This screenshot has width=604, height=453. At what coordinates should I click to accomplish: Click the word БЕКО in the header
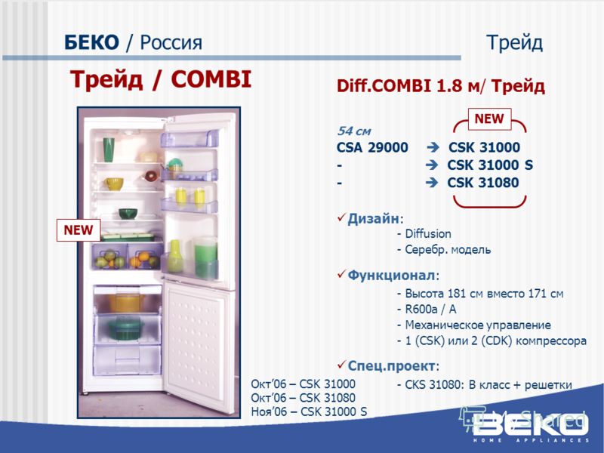click(91, 42)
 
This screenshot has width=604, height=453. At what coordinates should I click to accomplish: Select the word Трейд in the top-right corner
click(515, 43)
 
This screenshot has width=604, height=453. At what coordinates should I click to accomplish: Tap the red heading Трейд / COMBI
click(161, 80)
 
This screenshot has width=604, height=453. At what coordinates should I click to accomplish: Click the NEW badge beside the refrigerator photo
click(79, 230)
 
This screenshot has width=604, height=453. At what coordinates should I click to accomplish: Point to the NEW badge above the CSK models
click(489, 119)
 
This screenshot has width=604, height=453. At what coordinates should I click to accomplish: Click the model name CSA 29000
click(372, 147)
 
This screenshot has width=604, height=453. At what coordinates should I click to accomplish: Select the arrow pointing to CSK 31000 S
click(432, 165)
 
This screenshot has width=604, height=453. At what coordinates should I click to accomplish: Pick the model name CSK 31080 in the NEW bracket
click(483, 183)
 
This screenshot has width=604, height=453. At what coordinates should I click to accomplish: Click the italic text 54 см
click(353, 131)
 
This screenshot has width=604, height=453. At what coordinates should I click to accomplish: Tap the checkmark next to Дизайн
click(341, 217)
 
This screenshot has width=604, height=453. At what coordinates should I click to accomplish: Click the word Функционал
click(391, 275)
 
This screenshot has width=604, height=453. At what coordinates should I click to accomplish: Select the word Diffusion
click(428, 234)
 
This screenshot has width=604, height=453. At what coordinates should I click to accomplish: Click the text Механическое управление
click(478, 325)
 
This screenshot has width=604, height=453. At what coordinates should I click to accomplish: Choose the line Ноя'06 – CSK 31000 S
click(309, 411)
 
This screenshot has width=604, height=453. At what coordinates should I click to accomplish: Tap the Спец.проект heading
click(391, 365)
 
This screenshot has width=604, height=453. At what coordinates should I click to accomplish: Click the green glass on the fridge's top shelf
click(109, 149)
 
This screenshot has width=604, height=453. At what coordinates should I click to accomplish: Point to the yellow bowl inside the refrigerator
click(114, 183)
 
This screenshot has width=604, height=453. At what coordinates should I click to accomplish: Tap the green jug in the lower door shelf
click(205, 257)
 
